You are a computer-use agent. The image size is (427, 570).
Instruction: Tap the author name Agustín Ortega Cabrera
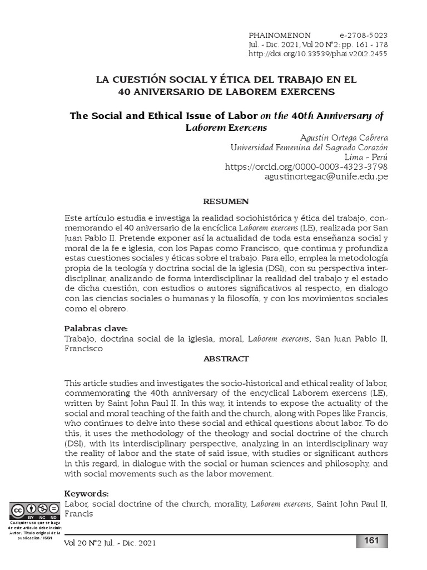[x=344, y=137]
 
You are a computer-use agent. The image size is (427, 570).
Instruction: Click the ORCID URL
[x=306, y=166]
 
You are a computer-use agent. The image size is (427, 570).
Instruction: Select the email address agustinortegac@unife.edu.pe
[x=326, y=176]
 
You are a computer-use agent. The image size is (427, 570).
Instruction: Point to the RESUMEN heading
[x=226, y=201]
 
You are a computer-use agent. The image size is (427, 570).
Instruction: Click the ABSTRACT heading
[x=226, y=359]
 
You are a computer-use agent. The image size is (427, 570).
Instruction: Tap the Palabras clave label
[x=96, y=328]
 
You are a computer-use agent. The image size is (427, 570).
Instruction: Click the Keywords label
[x=86, y=494]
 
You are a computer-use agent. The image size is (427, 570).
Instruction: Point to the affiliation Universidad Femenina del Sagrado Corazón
[x=309, y=147]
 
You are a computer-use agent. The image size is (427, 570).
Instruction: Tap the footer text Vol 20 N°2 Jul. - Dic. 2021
[x=110, y=543]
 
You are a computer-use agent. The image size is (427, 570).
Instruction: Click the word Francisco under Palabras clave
[x=83, y=348]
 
